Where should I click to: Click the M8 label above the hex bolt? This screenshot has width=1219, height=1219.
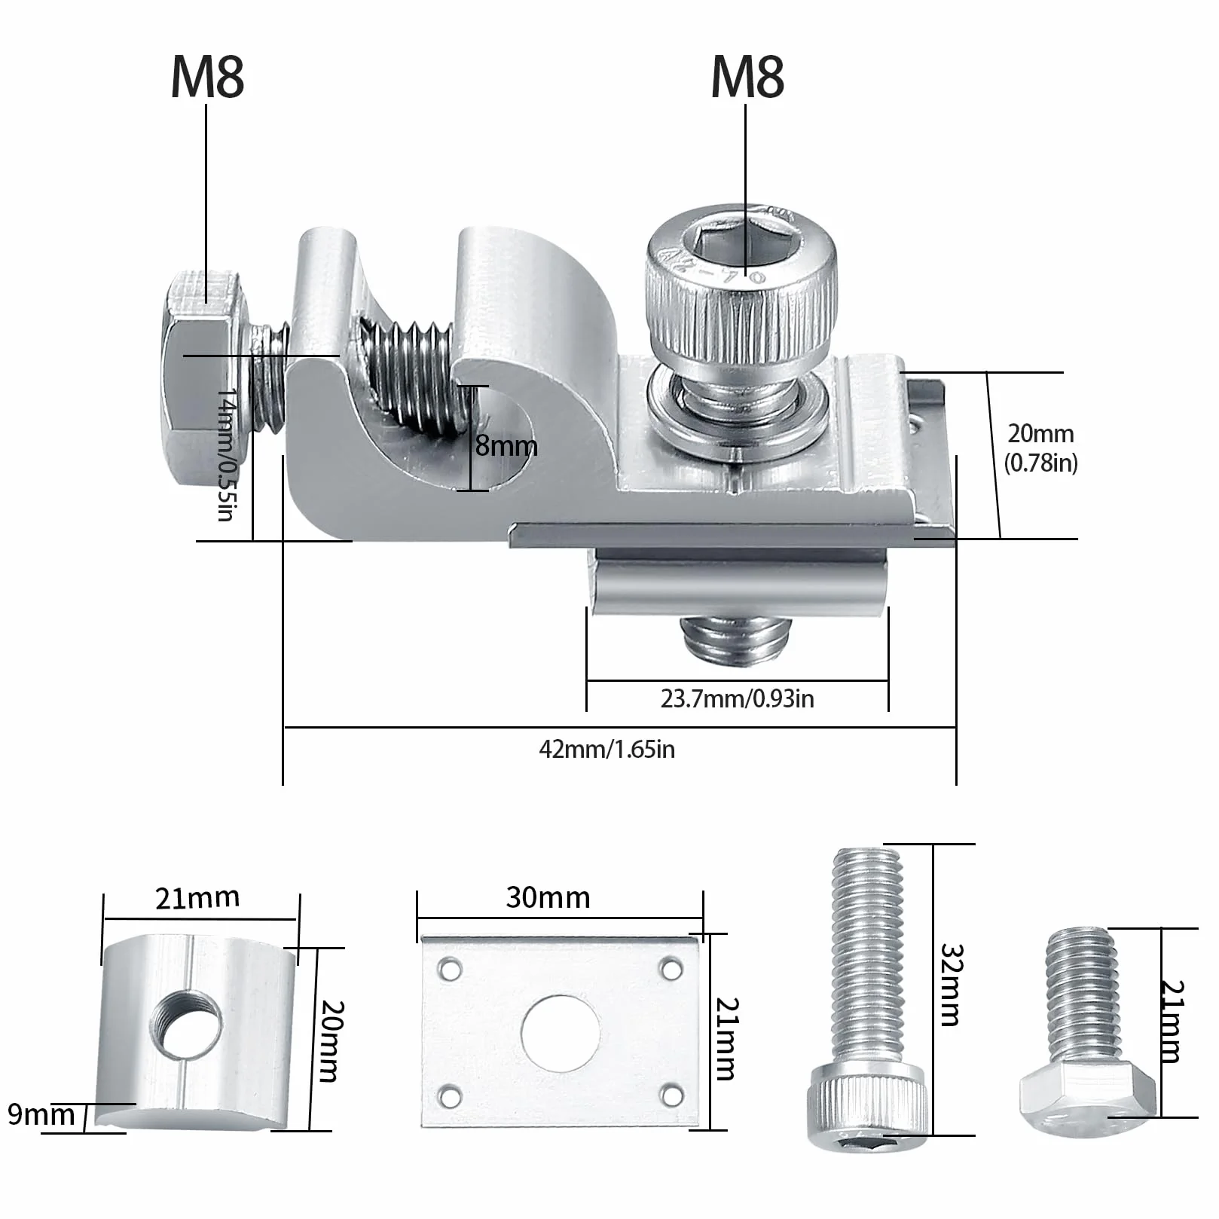click(x=208, y=77)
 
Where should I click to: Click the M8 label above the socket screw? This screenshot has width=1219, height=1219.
click(x=747, y=77)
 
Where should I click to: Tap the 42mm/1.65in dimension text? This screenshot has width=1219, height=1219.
click(x=607, y=749)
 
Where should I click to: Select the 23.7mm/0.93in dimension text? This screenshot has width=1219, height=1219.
click(x=738, y=698)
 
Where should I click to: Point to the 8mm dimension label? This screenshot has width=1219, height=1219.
click(x=506, y=445)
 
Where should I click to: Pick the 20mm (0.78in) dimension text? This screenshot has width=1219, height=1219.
click(x=1041, y=448)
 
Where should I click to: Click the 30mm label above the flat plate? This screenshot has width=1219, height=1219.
click(x=548, y=897)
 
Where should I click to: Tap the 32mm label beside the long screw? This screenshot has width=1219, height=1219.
click(x=950, y=985)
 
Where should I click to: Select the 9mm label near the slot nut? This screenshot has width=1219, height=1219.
click(x=41, y=1114)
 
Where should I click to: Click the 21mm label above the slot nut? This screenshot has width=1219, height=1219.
click(x=197, y=898)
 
